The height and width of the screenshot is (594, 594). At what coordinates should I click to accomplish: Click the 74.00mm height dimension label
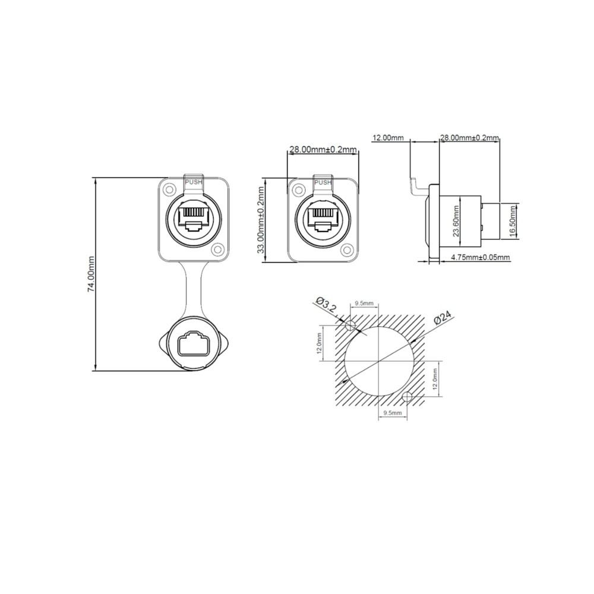click(x=91, y=274)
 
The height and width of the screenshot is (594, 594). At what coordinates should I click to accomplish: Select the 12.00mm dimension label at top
click(x=388, y=138)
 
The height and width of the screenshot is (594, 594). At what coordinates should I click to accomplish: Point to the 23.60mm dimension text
click(x=456, y=221)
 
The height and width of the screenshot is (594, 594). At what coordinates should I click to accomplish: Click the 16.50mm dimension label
click(x=513, y=220)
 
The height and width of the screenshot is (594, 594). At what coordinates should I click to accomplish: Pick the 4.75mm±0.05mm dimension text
click(x=480, y=257)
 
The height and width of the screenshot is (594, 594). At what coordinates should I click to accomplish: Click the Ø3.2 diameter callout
click(x=327, y=307)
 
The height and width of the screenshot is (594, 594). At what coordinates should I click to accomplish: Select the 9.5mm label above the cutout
click(x=364, y=303)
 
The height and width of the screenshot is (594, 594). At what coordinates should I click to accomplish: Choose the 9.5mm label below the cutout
click(x=393, y=412)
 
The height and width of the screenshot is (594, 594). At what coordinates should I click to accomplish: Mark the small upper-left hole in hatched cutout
click(x=350, y=325)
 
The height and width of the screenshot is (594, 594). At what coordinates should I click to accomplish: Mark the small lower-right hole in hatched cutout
click(x=407, y=397)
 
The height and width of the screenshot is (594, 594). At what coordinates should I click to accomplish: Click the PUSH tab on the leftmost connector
click(x=194, y=182)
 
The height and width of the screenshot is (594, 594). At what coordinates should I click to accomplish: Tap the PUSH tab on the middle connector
click(x=323, y=182)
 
